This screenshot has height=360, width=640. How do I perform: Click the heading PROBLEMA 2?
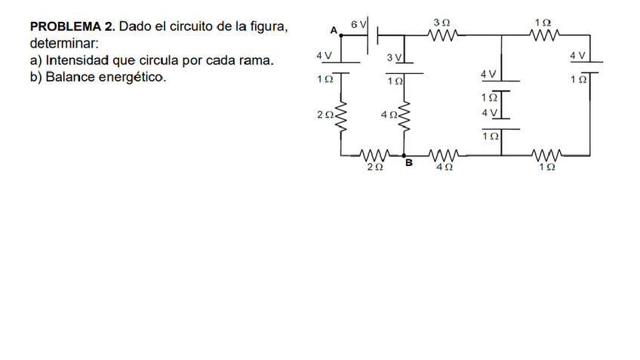click(72, 27)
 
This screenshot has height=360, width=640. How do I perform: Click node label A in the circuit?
click(334, 29)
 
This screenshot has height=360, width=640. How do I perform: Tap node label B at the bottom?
click(409, 162)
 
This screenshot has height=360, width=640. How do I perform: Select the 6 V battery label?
click(357, 25)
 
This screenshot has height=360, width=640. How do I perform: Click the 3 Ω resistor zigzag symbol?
click(442, 34)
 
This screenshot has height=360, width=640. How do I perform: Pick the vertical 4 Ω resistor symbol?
click(407, 116)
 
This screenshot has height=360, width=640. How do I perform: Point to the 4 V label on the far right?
click(579, 56)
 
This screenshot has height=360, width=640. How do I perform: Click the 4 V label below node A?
click(325, 56)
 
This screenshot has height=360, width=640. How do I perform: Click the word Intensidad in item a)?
click(76, 60)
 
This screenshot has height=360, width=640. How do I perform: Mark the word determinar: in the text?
click(64, 44)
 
